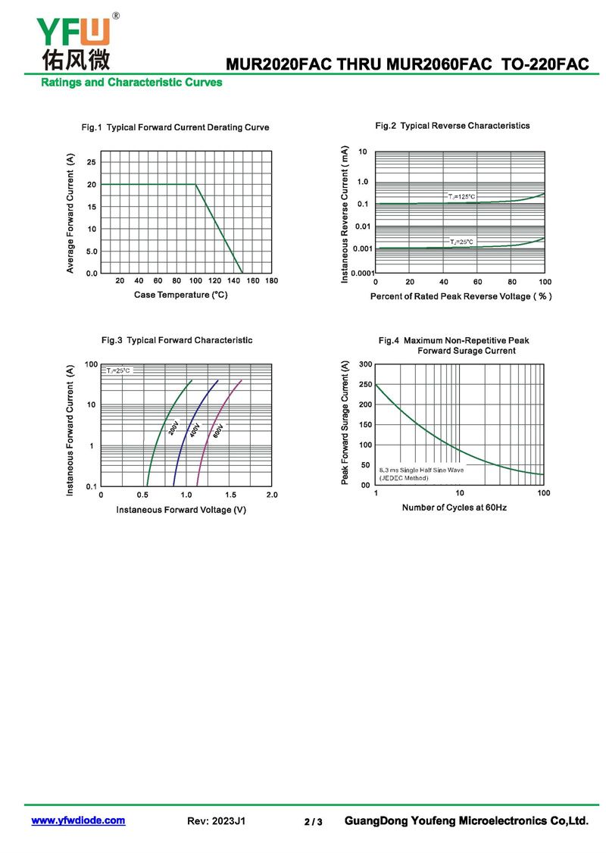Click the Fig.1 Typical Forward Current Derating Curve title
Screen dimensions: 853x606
(x=175, y=127)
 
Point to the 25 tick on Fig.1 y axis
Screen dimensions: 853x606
(x=92, y=162)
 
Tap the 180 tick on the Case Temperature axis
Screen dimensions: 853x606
(x=271, y=281)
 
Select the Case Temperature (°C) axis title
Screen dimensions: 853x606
(x=181, y=294)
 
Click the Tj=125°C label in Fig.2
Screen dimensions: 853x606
(x=461, y=196)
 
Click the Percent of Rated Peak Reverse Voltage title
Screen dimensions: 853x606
(x=461, y=296)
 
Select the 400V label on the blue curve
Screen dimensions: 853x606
(x=195, y=430)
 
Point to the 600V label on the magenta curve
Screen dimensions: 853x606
(x=218, y=431)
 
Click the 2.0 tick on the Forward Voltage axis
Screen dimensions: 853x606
(x=271, y=495)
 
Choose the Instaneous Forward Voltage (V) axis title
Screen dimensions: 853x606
(x=181, y=510)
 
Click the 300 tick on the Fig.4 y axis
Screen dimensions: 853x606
(x=365, y=364)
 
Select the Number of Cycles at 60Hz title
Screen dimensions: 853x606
(x=454, y=507)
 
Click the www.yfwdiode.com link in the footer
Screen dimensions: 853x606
(x=78, y=820)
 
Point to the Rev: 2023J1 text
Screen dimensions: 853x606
(x=216, y=821)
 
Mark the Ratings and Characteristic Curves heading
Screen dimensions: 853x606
(x=131, y=82)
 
